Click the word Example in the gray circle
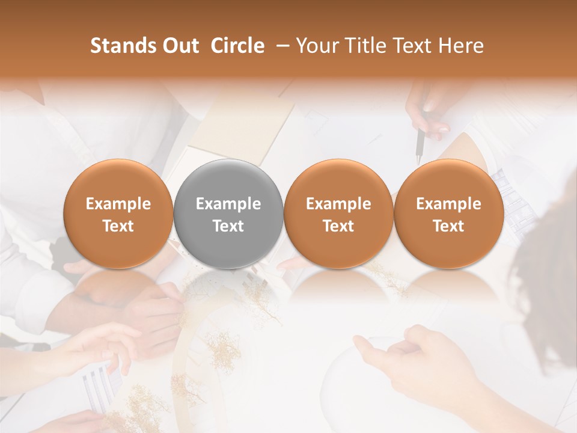coord(228,204)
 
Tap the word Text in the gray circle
coord(228,226)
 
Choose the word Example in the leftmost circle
coord(118,204)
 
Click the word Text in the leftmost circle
coord(118,226)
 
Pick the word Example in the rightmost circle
coord(448,204)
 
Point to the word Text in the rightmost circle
coord(448,226)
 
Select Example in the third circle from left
coord(338,204)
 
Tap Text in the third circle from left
coord(338,226)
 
